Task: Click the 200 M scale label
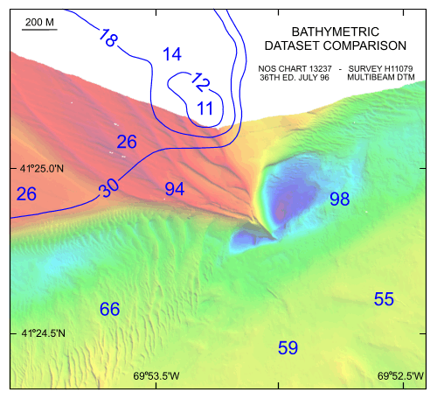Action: [40, 21]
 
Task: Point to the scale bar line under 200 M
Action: [40, 30]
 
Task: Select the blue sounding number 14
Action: [171, 54]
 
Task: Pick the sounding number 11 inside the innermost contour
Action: [205, 108]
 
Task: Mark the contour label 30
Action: [109, 187]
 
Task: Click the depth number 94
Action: [175, 188]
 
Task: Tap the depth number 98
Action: [339, 199]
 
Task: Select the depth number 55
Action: [384, 298]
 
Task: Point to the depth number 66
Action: [109, 309]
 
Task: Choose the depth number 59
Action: [288, 347]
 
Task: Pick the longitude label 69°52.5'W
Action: [401, 377]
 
